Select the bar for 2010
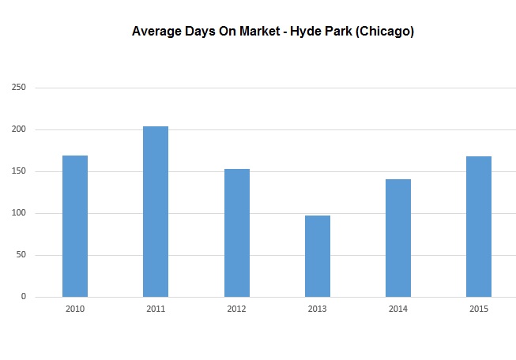tap(75, 226)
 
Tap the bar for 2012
tap(236, 233)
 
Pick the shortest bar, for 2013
tap(318, 256)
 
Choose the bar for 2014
tap(398, 238)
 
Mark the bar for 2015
tap(479, 227)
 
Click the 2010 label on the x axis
tap(75, 309)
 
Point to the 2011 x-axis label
tap(156, 309)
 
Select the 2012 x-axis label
tap(236, 309)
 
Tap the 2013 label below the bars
tap(318, 309)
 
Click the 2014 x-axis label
tap(398, 309)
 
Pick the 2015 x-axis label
tap(479, 309)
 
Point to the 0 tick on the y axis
tap(24, 297)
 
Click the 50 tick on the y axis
tap(21, 255)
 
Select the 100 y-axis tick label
tap(19, 213)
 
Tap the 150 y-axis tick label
tap(19, 171)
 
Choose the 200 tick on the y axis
tap(19, 129)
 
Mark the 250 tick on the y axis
tap(19, 88)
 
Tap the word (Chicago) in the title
tap(386, 32)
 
